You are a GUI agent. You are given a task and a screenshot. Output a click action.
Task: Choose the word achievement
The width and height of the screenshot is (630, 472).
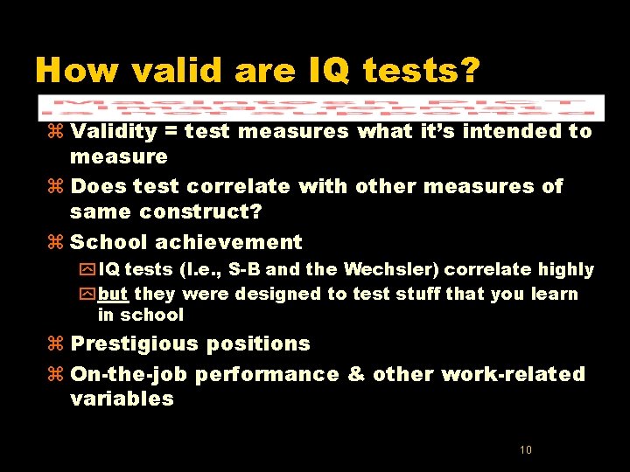233,242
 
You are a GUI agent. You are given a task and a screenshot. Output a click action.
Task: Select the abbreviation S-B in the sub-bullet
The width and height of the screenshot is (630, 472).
243,270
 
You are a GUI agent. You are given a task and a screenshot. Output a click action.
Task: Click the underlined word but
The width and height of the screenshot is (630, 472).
113,294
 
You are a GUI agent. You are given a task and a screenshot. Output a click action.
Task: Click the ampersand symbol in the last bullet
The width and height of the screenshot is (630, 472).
356,374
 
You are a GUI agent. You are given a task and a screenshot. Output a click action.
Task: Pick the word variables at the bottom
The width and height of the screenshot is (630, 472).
122,399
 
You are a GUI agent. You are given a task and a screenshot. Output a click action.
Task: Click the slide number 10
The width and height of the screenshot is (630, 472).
526,450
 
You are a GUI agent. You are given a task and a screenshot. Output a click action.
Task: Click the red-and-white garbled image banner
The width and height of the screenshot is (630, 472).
321,107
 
